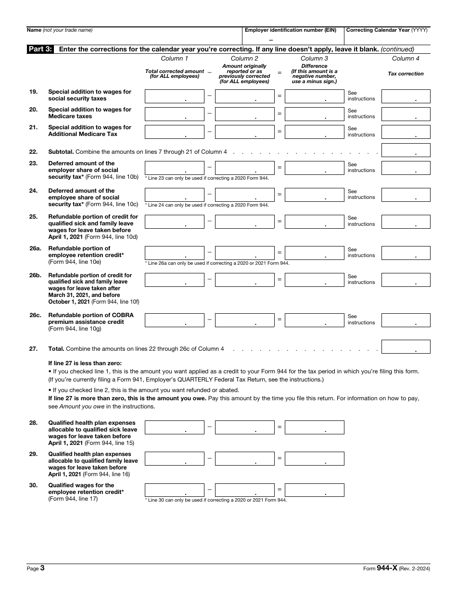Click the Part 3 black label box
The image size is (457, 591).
pos(40,49)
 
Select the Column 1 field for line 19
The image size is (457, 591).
pos(174,96)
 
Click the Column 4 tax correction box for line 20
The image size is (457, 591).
pos(406,114)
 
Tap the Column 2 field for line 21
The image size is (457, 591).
pos(244,132)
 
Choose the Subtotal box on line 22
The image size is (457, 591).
pos(406,150)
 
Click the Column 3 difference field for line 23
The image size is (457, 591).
pos(314,168)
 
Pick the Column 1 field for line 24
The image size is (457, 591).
pos(174,195)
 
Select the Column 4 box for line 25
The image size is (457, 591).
pos(406,222)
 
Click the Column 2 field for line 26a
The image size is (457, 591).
pos(244,253)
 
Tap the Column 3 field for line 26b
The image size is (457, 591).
pos(314,280)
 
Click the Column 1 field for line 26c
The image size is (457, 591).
pos(174,320)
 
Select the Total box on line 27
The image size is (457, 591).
pos(406,346)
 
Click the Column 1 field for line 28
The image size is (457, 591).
pos(174,427)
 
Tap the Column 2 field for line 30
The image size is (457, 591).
pos(244,490)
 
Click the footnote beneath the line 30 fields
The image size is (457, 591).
pos(216,500)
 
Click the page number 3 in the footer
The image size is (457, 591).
pos(42,568)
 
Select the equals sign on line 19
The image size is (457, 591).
pos(279,96)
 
